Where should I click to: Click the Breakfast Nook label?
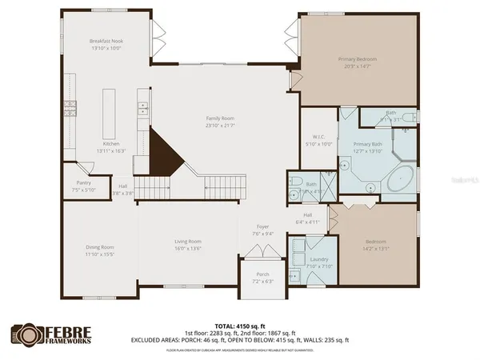[106, 41]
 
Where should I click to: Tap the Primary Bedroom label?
[358, 59]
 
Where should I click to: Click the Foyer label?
[262, 227]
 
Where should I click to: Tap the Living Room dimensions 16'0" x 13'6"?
[188, 248]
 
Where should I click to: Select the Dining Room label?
[101, 247]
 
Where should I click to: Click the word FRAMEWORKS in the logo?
[66, 340]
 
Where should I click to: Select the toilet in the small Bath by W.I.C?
[294, 181]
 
